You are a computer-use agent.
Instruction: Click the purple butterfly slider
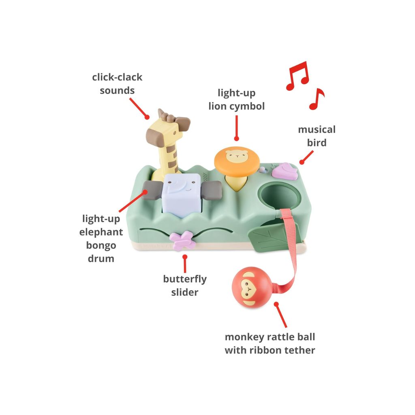pyautogui.click(x=183, y=241)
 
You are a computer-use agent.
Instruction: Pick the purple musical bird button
pyautogui.click(x=283, y=171)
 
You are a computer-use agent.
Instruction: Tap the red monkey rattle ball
pyautogui.click(x=251, y=287)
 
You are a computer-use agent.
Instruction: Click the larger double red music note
pyautogui.click(x=297, y=76)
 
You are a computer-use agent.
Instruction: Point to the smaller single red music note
pyautogui.click(x=317, y=98)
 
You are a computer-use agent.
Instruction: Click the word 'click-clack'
pyautogui.click(x=117, y=77)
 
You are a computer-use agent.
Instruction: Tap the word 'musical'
pyautogui.click(x=317, y=129)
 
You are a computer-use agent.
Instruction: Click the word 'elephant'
pyautogui.click(x=101, y=232)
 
